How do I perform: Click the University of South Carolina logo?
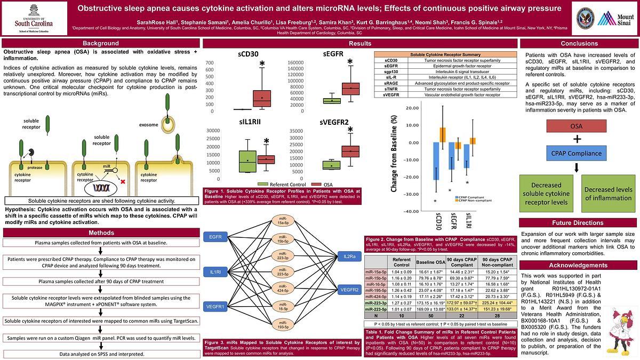point(34,18)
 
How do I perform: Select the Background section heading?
point(100,43)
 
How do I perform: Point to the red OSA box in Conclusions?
point(576,126)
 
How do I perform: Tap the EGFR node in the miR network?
point(215,236)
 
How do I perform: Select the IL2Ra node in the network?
point(349,257)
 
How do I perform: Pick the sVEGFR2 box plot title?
point(334,122)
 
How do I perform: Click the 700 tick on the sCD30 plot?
point(209,62)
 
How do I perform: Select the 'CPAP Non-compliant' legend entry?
point(472,201)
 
